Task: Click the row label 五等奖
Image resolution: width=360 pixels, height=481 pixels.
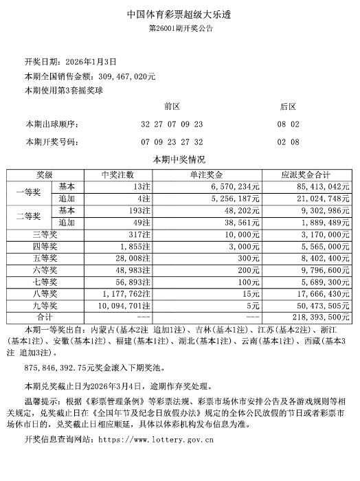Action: [47, 258]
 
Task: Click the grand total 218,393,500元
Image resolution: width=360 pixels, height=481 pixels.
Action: [317, 317]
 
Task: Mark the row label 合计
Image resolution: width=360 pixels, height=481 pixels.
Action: [45, 317]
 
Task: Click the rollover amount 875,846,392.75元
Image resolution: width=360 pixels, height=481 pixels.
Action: [63, 368]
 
